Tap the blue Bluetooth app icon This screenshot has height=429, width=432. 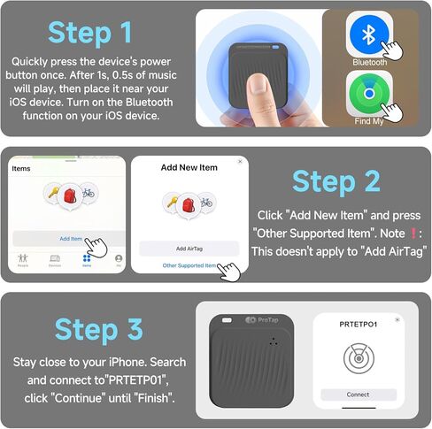[368, 36]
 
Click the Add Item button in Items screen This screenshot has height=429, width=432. [71, 239]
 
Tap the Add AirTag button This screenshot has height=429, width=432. [189, 249]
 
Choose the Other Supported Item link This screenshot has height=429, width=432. [189, 265]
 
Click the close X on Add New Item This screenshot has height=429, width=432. [240, 162]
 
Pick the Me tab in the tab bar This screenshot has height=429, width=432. [119, 260]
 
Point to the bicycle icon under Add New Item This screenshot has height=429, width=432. [206, 203]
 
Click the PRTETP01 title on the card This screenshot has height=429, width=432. [359, 325]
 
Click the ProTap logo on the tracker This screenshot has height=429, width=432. [261, 319]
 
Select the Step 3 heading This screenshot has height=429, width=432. [98, 329]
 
